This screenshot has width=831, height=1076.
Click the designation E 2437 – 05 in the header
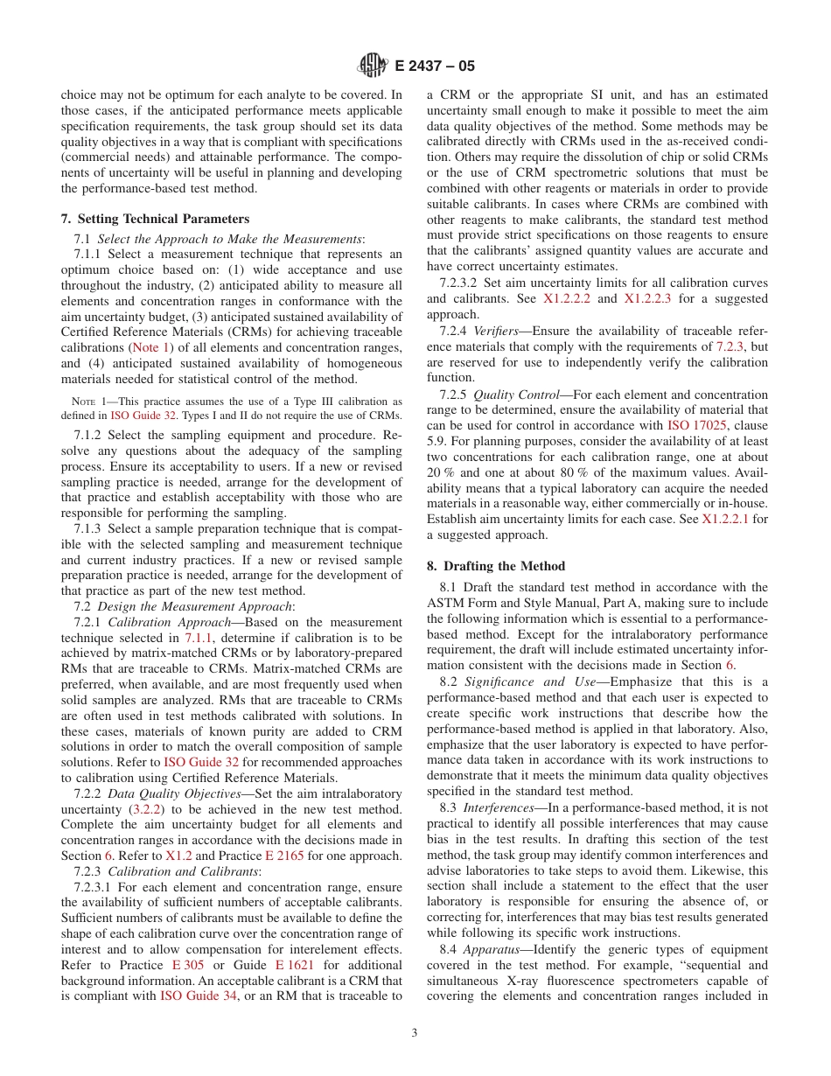coord(435,66)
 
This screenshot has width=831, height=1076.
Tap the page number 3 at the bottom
coord(415,1032)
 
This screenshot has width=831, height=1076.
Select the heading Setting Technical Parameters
coord(164,219)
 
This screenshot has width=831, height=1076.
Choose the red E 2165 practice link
coord(284,856)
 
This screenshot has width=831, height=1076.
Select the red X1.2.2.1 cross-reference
coord(725,519)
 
